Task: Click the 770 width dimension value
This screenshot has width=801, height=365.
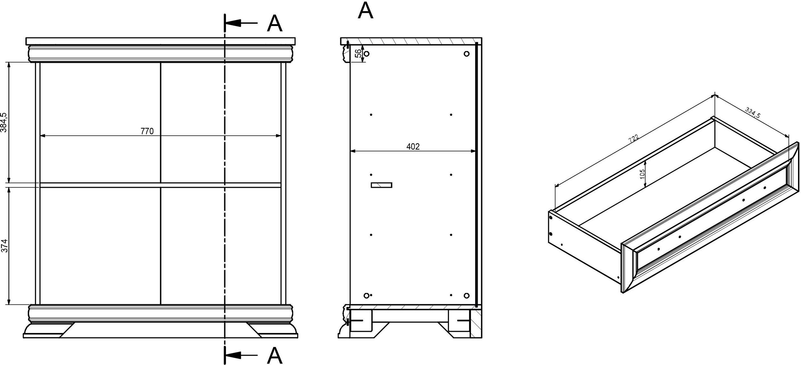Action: tap(147, 131)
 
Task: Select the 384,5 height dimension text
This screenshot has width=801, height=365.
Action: tap(4, 122)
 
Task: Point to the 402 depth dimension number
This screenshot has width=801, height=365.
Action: tap(413, 147)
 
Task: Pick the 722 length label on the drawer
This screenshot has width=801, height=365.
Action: tap(634, 138)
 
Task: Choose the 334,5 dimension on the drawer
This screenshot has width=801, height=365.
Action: tap(752, 113)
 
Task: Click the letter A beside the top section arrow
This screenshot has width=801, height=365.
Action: tap(275, 23)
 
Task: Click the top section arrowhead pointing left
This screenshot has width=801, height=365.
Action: tap(233, 23)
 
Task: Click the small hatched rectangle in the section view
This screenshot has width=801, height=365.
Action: tap(381, 185)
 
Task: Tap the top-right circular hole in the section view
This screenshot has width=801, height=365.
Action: tap(467, 54)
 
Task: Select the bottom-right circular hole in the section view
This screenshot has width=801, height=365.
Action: tap(467, 295)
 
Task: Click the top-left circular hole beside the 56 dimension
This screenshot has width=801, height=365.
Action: tap(367, 54)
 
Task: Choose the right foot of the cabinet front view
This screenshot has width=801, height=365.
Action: tap(272, 330)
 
